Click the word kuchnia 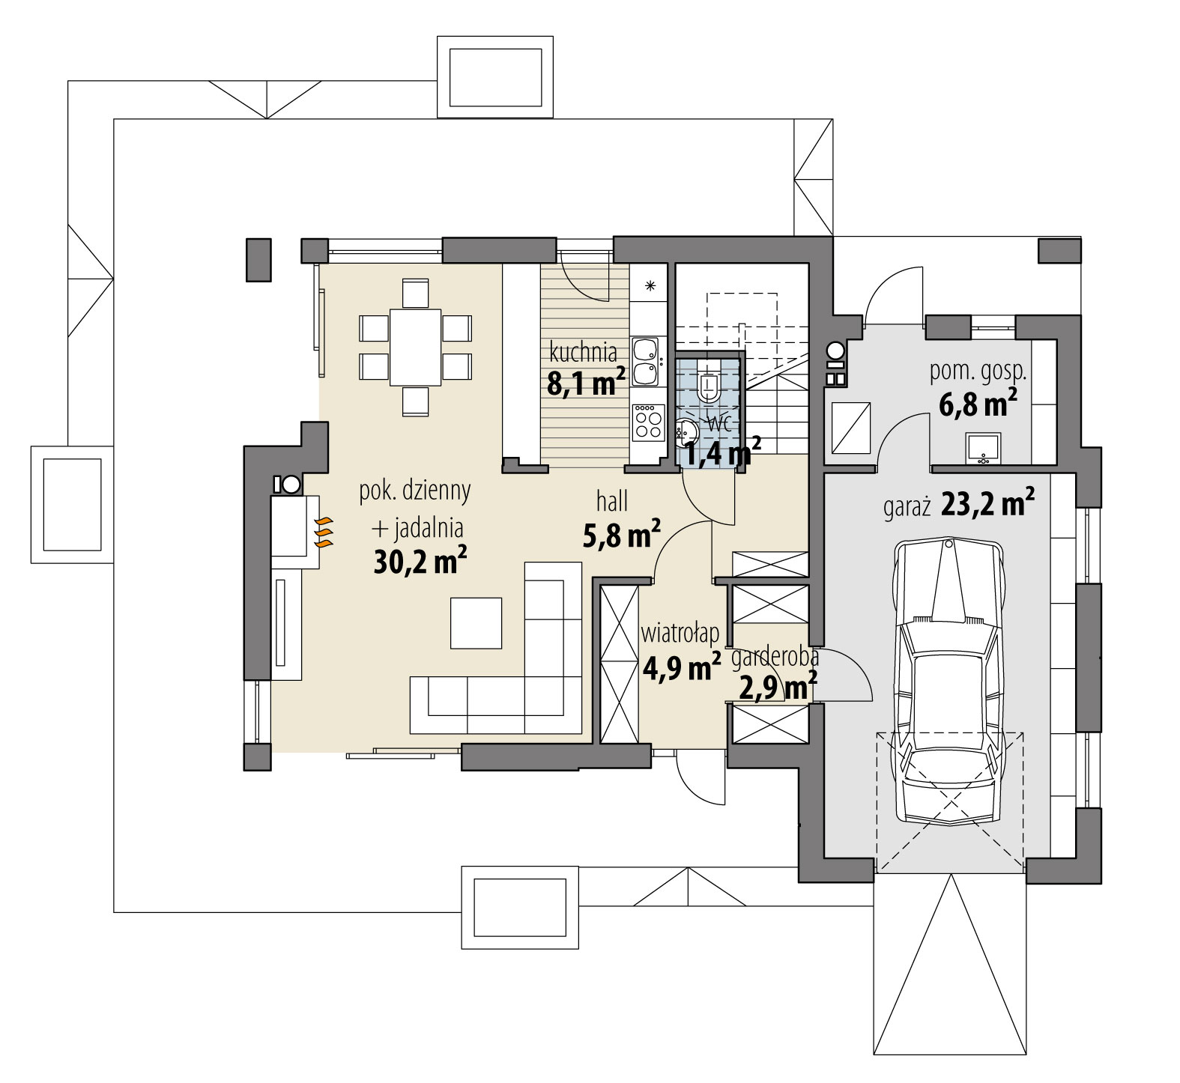coord(584,352)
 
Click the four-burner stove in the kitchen coord(648,422)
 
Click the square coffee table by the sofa coord(476,622)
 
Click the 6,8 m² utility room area coord(977,404)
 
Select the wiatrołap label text coord(680,634)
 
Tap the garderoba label coord(775,658)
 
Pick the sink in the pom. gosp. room coord(981,448)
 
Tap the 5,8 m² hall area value coord(621,534)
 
